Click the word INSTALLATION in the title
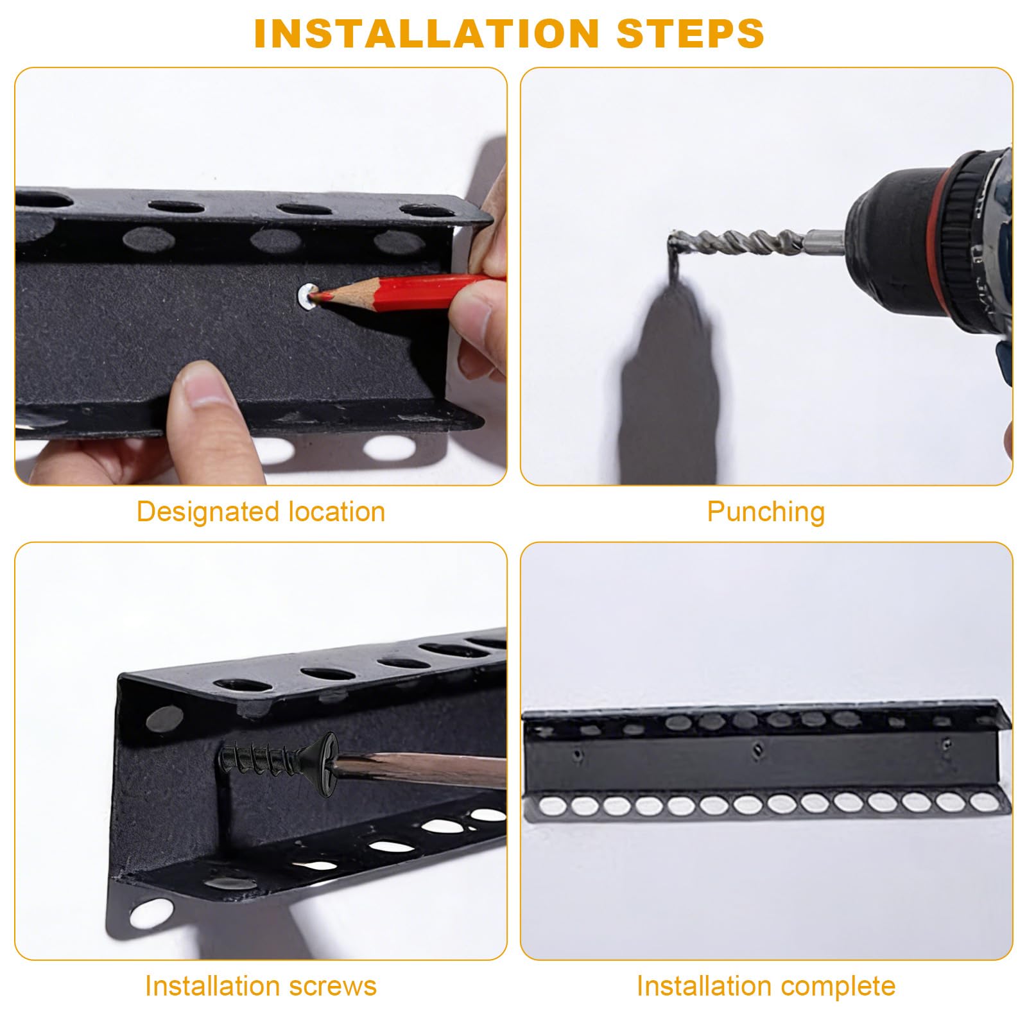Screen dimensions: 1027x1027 [x=426, y=33]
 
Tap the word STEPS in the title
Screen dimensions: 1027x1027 [x=691, y=33]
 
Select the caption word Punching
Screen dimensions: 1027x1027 [x=766, y=513]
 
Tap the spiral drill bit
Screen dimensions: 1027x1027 [x=738, y=242]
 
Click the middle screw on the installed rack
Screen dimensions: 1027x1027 [x=758, y=748]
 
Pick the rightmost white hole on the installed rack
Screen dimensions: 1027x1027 [x=983, y=801]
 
